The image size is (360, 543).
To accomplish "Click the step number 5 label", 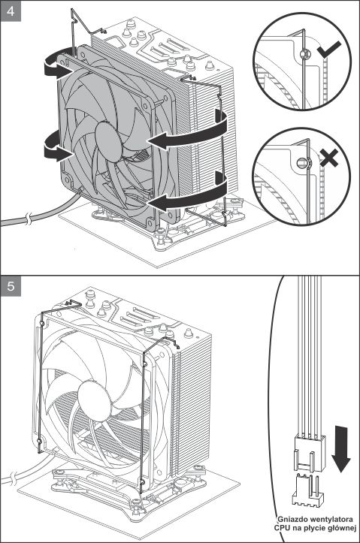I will [10, 286].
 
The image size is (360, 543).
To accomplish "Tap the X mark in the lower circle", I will [328, 159].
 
